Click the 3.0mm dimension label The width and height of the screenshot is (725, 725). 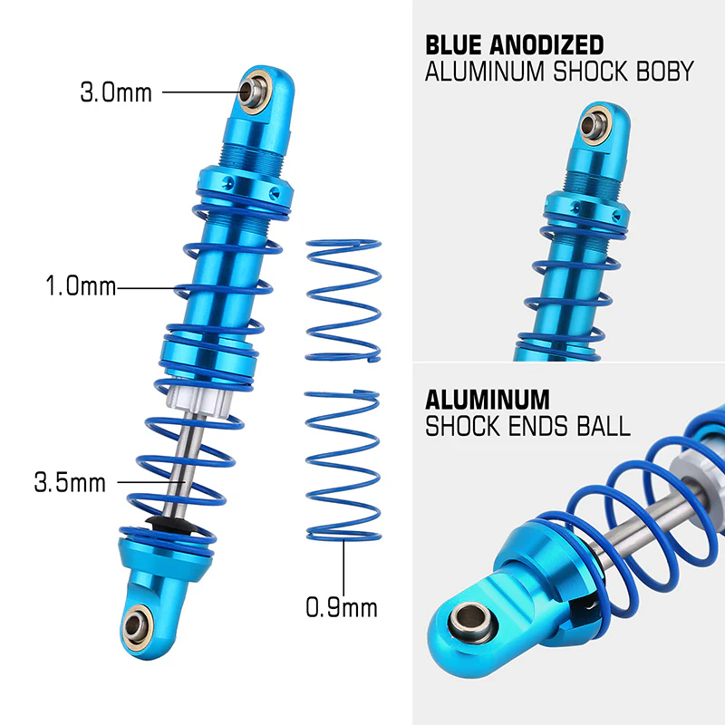(116, 92)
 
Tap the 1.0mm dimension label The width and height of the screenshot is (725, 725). (81, 285)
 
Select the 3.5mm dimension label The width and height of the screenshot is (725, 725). (71, 482)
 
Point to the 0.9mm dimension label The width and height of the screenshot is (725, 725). (342, 607)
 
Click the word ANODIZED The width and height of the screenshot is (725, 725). (546, 45)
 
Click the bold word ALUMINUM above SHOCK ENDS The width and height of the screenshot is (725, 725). (488, 400)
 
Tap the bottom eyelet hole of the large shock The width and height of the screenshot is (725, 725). (133, 625)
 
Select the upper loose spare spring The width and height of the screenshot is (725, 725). (343, 301)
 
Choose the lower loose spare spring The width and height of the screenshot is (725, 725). (343, 465)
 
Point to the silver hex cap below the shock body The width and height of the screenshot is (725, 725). (198, 400)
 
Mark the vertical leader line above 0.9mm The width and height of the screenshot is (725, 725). (343, 567)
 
